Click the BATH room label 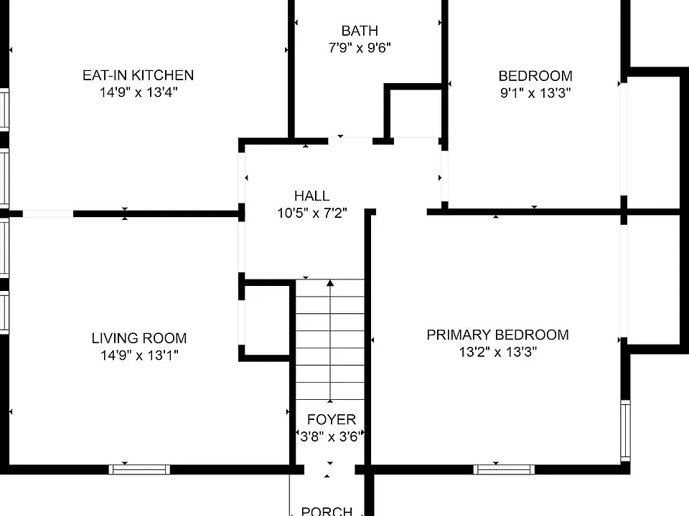(360, 31)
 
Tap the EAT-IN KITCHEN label (138, 75)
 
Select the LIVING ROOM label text (139, 338)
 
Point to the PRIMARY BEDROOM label (497, 335)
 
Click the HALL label (311, 196)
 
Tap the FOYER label (332, 419)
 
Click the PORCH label (327, 511)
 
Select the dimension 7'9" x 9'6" (360, 47)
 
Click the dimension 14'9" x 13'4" (138, 92)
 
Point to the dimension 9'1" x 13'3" (535, 93)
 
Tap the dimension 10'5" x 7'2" (311, 213)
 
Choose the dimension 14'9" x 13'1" (139, 355)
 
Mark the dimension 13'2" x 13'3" (497, 352)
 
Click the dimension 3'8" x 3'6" (330, 436)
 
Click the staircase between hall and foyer (330, 340)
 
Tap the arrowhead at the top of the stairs (330, 283)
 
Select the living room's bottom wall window (139, 469)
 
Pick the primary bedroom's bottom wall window (504, 469)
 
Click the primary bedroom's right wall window (625, 431)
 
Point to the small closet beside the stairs (266, 321)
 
